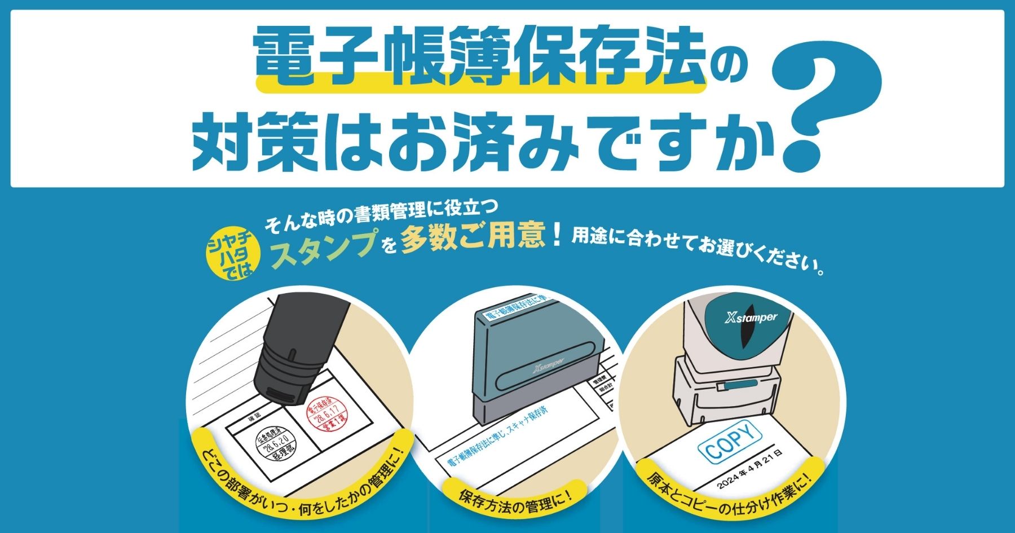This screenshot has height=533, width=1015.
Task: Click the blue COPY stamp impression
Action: tap(730, 441)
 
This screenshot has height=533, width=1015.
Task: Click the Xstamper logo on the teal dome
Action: tap(751, 318)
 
